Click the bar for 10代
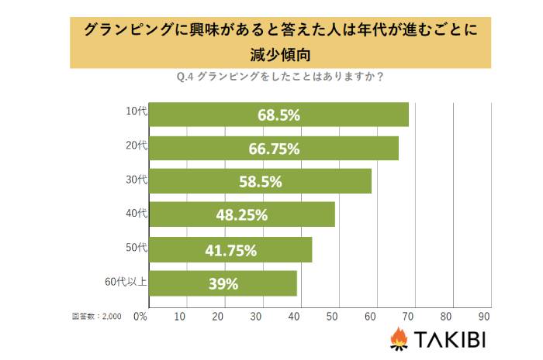[278, 115]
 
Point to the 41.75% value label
[230, 249]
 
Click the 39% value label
[223, 283]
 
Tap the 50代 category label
[136, 247]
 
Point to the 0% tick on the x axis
[140, 316]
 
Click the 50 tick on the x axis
[334, 316]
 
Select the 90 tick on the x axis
[485, 316]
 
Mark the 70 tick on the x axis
[409, 316]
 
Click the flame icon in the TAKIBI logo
[399, 338]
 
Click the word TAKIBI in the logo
[450, 339]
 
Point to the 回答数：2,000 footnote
[97, 316]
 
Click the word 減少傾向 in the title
[271, 53]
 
